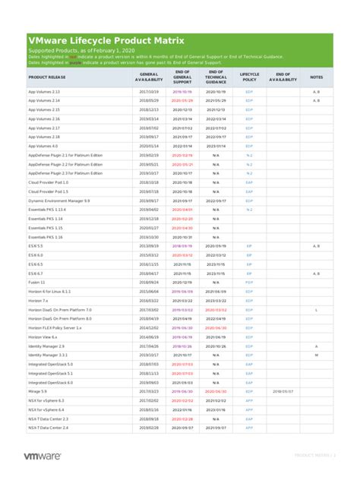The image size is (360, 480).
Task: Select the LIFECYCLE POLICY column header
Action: point(249,77)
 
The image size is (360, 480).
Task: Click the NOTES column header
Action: point(317,77)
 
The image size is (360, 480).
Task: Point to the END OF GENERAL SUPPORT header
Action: point(182,77)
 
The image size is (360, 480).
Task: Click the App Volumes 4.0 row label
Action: point(43,146)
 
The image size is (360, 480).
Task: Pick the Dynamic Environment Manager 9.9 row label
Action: point(58,201)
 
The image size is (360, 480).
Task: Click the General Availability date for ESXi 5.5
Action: point(149,246)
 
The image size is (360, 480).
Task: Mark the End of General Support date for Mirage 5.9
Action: point(182,391)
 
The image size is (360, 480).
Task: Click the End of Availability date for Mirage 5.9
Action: point(283,391)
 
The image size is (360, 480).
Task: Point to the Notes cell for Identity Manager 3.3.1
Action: point(317,355)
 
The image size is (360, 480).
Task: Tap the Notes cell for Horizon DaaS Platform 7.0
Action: point(317,310)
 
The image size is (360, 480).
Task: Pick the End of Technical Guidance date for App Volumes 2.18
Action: point(216,137)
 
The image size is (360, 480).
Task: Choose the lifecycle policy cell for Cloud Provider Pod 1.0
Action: point(249,182)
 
